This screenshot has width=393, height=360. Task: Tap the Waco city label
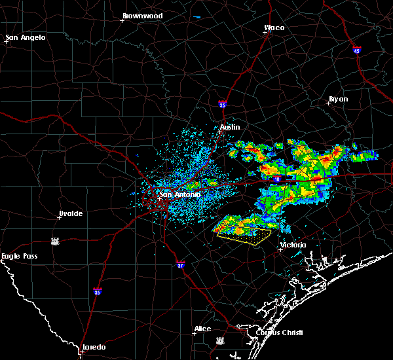tap(274, 28)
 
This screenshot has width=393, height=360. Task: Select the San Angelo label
tap(26, 37)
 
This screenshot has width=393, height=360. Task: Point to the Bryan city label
tap(338, 99)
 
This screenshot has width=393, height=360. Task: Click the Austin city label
tap(230, 127)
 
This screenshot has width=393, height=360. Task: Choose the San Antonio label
tap(180, 194)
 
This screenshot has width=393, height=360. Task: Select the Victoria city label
tap(292, 245)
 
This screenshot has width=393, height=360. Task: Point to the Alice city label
tap(202, 329)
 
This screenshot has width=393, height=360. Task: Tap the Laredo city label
tap(93, 347)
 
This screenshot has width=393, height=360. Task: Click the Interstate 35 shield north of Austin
tap(223, 103)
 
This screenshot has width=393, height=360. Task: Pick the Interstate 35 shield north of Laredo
tap(98, 291)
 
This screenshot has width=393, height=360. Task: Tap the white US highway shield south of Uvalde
tap(56, 241)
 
